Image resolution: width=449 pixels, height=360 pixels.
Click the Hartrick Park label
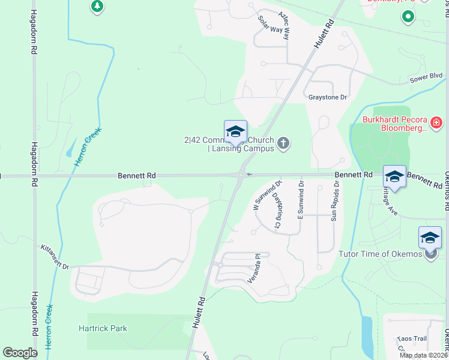[103, 328]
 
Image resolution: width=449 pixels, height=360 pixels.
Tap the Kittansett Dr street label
[56, 257]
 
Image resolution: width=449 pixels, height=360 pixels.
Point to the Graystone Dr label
[328, 97]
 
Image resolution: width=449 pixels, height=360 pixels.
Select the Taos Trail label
[411, 339]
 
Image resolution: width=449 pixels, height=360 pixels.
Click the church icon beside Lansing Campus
[283, 143]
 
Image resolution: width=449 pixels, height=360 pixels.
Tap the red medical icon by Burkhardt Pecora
[436, 123]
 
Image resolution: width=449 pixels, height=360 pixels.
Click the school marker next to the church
[235, 133]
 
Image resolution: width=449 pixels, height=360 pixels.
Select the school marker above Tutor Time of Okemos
[430, 238]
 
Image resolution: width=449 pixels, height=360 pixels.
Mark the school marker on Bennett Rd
[394, 177]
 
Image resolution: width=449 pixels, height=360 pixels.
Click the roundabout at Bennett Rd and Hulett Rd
[241, 175]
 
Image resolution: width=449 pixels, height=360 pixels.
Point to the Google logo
[20, 353]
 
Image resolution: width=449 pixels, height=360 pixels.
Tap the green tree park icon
[97, 7]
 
